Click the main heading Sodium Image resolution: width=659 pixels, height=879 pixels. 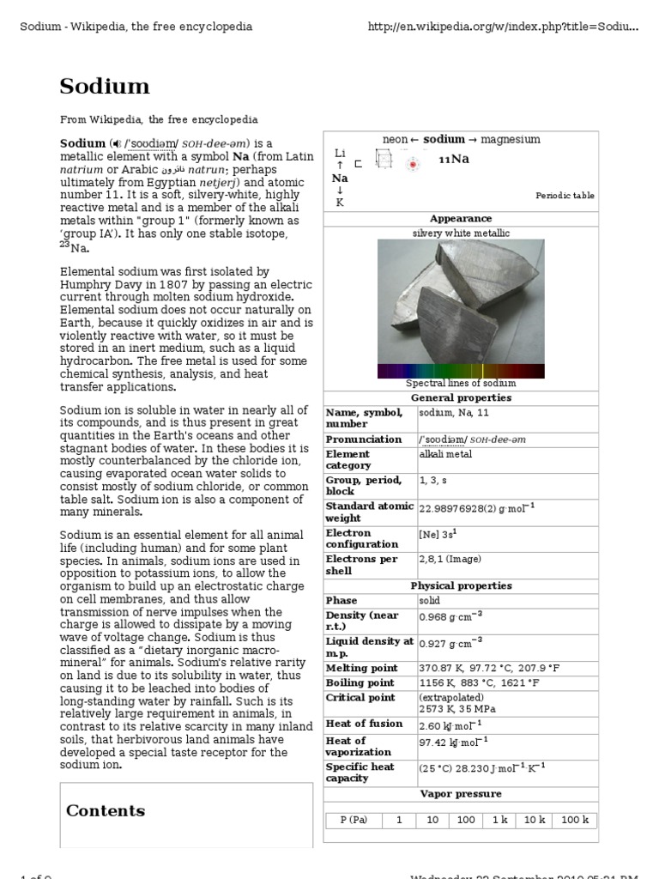(105, 86)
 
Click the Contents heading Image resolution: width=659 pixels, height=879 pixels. (106, 810)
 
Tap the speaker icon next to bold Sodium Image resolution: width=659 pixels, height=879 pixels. (116, 143)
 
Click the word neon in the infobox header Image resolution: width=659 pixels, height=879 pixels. (395, 139)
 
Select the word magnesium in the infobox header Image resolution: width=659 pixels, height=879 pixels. (511, 139)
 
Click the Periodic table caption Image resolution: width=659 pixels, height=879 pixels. (565, 196)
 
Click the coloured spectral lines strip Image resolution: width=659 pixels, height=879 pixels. (460, 371)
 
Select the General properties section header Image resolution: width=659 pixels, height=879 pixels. (461, 398)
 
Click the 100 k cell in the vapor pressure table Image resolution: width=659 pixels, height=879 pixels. (574, 820)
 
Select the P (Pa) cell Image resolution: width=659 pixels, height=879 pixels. (354, 820)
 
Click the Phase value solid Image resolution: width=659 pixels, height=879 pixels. (430, 601)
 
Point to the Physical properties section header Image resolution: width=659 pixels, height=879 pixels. (461, 585)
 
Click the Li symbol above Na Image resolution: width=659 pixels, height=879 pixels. (340, 153)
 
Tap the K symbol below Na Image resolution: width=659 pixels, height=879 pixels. (340, 203)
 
